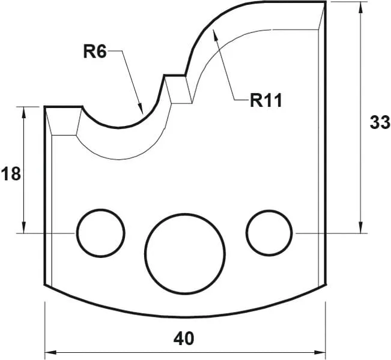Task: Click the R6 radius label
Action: click(95, 52)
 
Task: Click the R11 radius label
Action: click(266, 100)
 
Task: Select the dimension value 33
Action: click(380, 123)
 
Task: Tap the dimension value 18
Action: click(11, 175)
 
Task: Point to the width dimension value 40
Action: click(184, 338)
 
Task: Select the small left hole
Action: click(100, 233)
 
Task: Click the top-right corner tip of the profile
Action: click(326, 2)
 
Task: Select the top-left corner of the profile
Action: click(46, 107)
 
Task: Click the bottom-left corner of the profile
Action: click(46, 286)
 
